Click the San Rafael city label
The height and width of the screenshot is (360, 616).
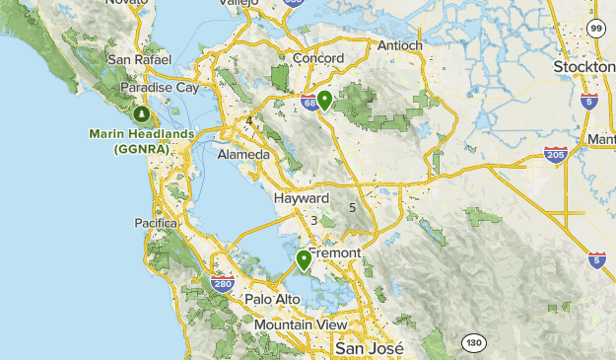point(133,59)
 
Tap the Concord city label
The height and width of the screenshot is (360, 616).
point(316,59)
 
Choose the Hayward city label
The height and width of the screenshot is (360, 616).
point(301,197)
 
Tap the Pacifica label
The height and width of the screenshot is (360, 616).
point(156,223)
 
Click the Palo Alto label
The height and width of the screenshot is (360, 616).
point(272,299)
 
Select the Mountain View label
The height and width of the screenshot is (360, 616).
point(300,324)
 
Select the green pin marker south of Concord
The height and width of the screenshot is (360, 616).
point(323,99)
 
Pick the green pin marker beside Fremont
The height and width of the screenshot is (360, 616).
point(304,258)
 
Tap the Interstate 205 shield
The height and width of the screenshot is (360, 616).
point(554,155)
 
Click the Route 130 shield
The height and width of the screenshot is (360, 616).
point(473,341)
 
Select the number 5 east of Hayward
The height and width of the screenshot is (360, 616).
point(352,207)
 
